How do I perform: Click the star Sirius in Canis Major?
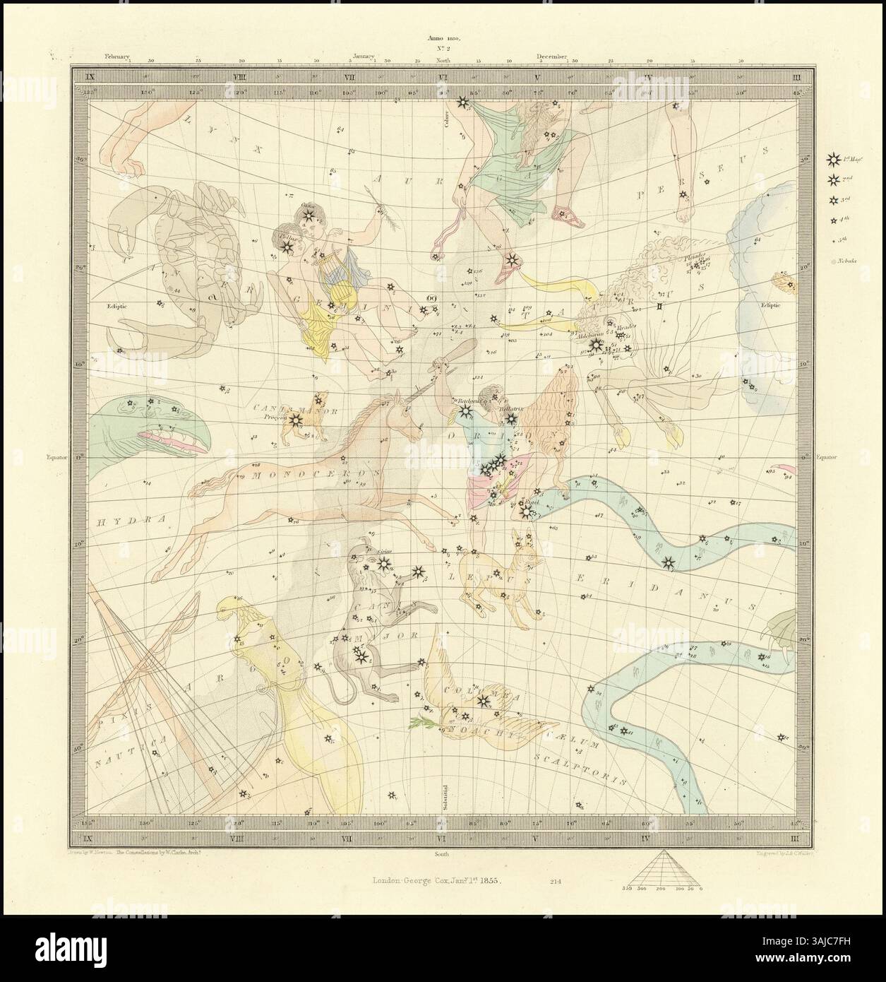pos(383,563)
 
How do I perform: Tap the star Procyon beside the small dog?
pos(296,420)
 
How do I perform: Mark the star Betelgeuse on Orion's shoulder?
pos(464,410)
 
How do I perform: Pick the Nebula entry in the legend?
pos(835,261)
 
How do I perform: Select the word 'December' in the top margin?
pos(551,55)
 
